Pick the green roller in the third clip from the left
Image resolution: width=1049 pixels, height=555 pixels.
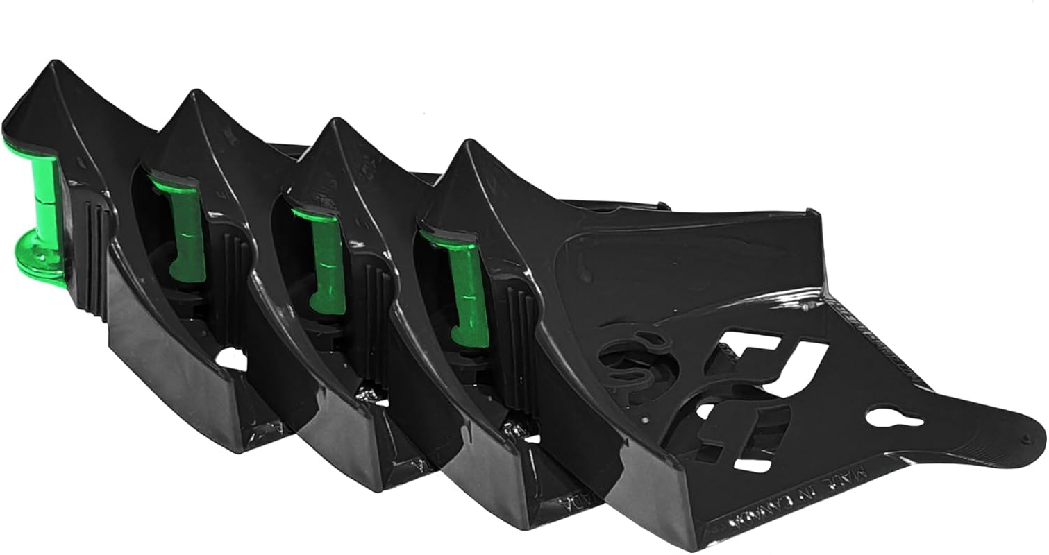pos(326,260)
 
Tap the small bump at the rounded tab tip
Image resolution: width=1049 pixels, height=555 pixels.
pos(1026,438)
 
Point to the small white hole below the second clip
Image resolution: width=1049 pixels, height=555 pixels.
pos(233,359)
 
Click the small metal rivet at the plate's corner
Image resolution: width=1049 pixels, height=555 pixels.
pos(805,305)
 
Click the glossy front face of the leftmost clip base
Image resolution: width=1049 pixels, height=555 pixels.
pos(167,388)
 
